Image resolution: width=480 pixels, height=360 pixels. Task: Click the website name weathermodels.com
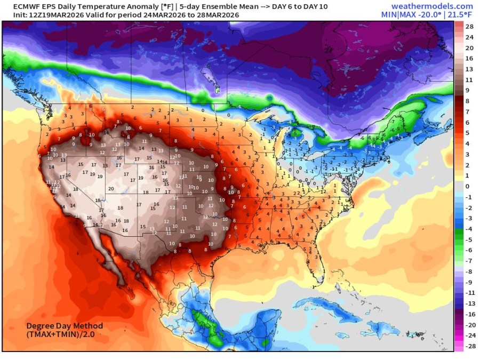coord(432,6)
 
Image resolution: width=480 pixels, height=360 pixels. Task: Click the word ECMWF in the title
coord(19,6)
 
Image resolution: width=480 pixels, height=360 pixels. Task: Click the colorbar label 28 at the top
coord(469,26)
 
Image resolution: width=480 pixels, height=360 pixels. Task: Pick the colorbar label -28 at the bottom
coord(469,346)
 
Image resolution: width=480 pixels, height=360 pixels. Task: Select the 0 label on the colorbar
coord(468,186)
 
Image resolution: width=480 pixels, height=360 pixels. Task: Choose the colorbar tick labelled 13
coord(469,69)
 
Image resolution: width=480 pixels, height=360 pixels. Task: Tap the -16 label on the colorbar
coord(469,314)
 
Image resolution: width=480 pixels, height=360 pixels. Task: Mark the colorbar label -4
coord(469,229)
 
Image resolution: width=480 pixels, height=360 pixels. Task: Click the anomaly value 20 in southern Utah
coord(111,188)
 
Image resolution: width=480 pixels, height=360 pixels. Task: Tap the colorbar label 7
coord(468,111)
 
